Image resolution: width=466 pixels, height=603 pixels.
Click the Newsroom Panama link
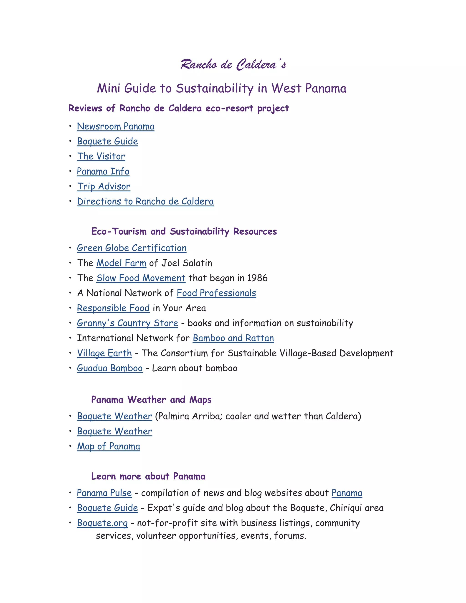(115, 127)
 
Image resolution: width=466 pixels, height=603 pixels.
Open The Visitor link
(101, 157)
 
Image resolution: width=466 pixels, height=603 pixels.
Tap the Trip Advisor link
(104, 187)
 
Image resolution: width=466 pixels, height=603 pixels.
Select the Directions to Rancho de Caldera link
(145, 202)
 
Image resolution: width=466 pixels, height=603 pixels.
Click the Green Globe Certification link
(132, 248)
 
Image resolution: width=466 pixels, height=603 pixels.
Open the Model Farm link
(121, 263)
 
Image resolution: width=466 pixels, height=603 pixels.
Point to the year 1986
(257, 278)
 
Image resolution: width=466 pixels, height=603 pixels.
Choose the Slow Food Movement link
(141, 278)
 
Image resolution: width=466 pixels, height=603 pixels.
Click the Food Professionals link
(216, 293)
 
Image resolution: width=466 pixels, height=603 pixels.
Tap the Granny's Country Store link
(128, 323)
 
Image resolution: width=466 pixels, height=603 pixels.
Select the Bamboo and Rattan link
(233, 338)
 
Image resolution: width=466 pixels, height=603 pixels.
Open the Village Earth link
(104, 353)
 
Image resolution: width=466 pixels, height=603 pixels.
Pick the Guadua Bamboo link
(110, 368)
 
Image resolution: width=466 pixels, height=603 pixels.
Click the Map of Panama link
(109, 446)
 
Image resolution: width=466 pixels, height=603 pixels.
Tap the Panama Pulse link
(104, 493)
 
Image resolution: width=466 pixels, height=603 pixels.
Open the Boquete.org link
(102, 523)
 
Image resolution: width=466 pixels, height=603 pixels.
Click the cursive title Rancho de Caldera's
(233, 65)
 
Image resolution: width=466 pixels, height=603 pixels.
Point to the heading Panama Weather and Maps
(151, 400)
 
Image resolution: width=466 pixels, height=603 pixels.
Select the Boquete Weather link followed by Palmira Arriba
(115, 416)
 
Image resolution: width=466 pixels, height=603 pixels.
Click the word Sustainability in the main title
(215, 89)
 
